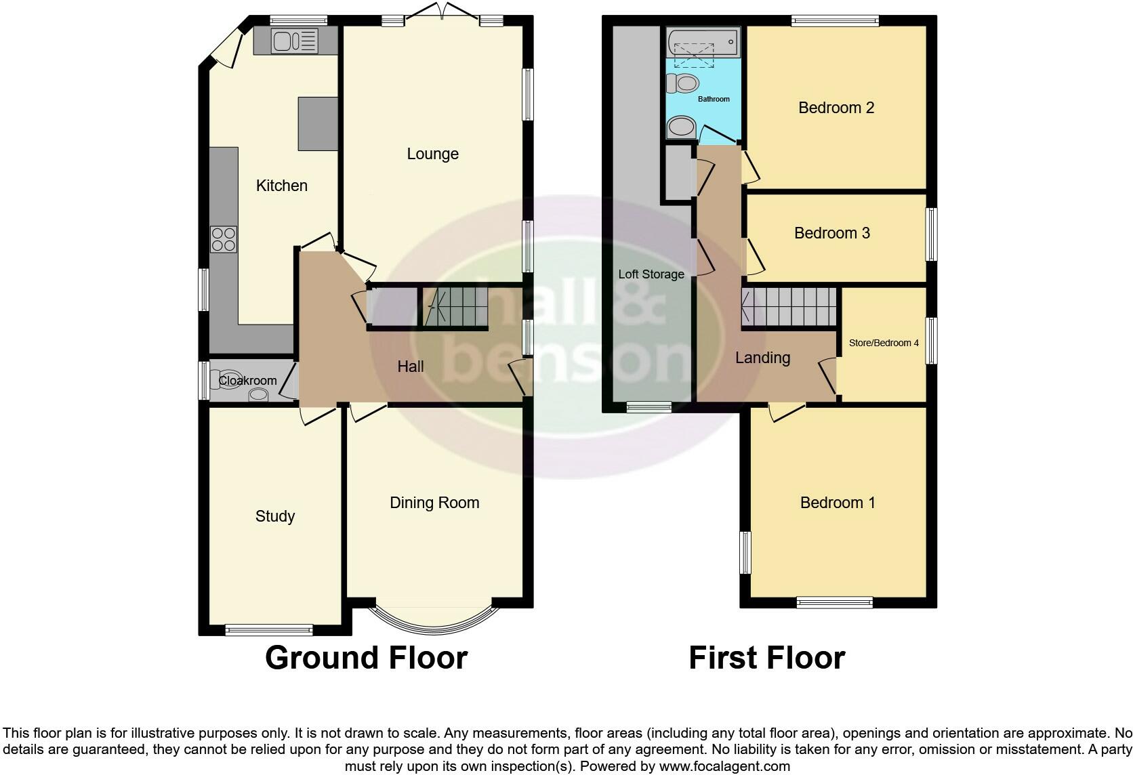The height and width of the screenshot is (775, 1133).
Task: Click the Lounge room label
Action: click(432, 154)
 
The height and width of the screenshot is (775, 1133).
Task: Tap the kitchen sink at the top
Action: click(294, 41)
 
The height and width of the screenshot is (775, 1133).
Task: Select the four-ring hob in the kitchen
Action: click(224, 239)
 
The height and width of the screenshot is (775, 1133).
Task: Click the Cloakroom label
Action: click(247, 381)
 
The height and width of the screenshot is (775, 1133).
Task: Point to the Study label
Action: click(274, 516)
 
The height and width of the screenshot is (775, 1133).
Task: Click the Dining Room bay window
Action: click(434, 619)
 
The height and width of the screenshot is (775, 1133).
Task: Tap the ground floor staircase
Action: click(454, 308)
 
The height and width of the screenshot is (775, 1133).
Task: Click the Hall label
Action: click(410, 366)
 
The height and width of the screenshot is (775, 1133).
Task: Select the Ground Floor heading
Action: click(366, 658)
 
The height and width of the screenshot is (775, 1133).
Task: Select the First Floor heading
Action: click(766, 658)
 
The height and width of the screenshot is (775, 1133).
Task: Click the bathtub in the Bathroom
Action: click(702, 43)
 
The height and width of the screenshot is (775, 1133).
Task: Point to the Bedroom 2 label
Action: click(836, 108)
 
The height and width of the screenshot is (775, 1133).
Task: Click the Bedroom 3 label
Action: click(831, 233)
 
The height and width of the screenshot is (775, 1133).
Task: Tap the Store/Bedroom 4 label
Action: click(884, 343)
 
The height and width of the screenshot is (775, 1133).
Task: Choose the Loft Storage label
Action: click(651, 274)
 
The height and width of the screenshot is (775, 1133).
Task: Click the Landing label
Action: click(762, 358)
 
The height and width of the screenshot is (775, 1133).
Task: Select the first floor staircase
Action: click(788, 308)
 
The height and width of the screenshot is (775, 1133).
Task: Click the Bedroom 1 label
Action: click(837, 503)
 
